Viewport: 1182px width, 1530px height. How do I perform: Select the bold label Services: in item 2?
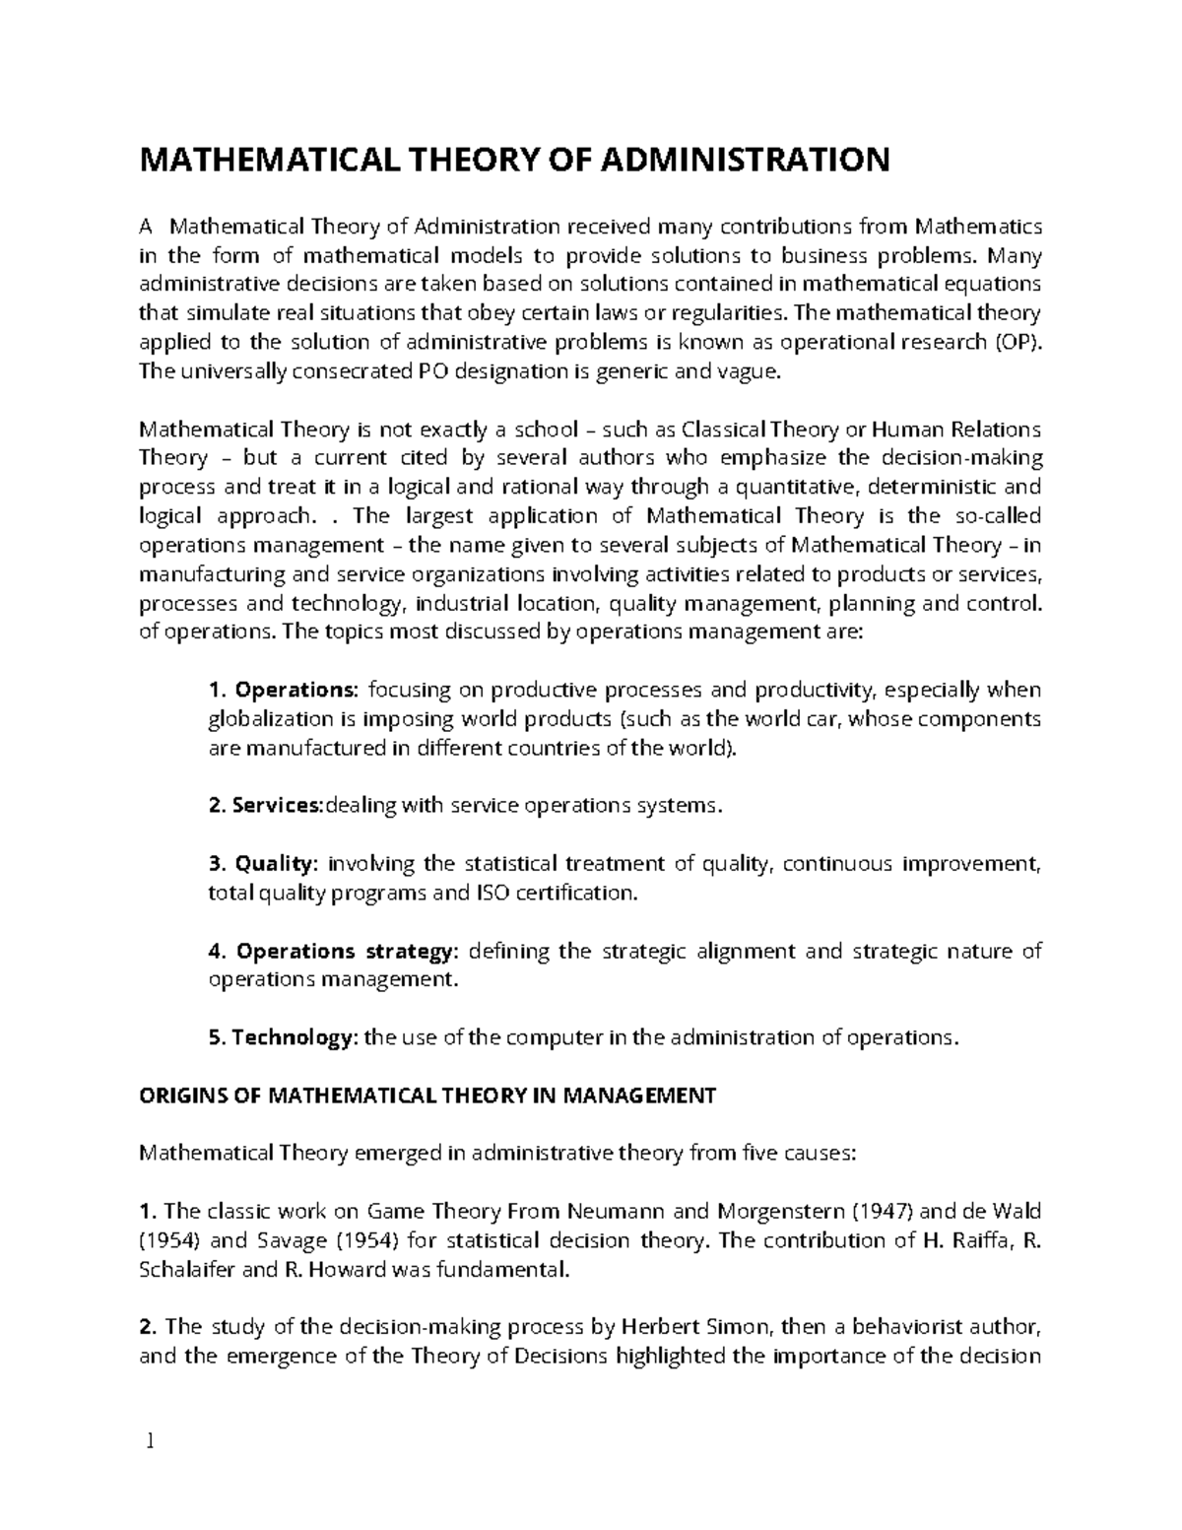point(276,805)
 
